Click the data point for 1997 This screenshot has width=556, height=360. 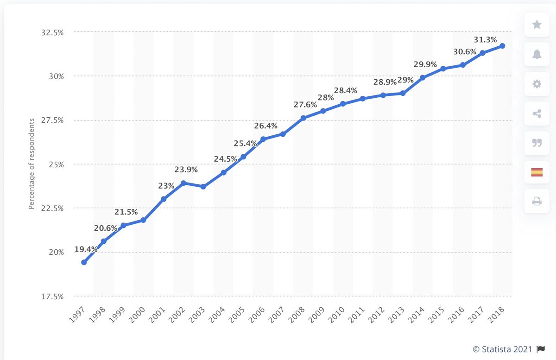[x=83, y=262]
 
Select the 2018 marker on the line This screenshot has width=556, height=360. [x=502, y=46]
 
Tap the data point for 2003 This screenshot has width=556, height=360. [x=203, y=186]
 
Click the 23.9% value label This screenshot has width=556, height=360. [x=186, y=170]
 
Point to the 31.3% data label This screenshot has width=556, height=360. [x=485, y=39]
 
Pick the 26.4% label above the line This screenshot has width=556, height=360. [x=266, y=126]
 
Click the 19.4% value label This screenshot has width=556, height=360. [x=86, y=249]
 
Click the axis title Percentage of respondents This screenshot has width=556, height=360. [x=32, y=164]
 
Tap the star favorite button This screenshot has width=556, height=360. [x=537, y=25]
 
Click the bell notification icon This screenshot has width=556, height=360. [x=537, y=54]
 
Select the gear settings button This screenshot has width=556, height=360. [x=537, y=84]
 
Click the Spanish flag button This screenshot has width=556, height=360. [x=537, y=172]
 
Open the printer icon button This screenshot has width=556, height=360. [x=537, y=202]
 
